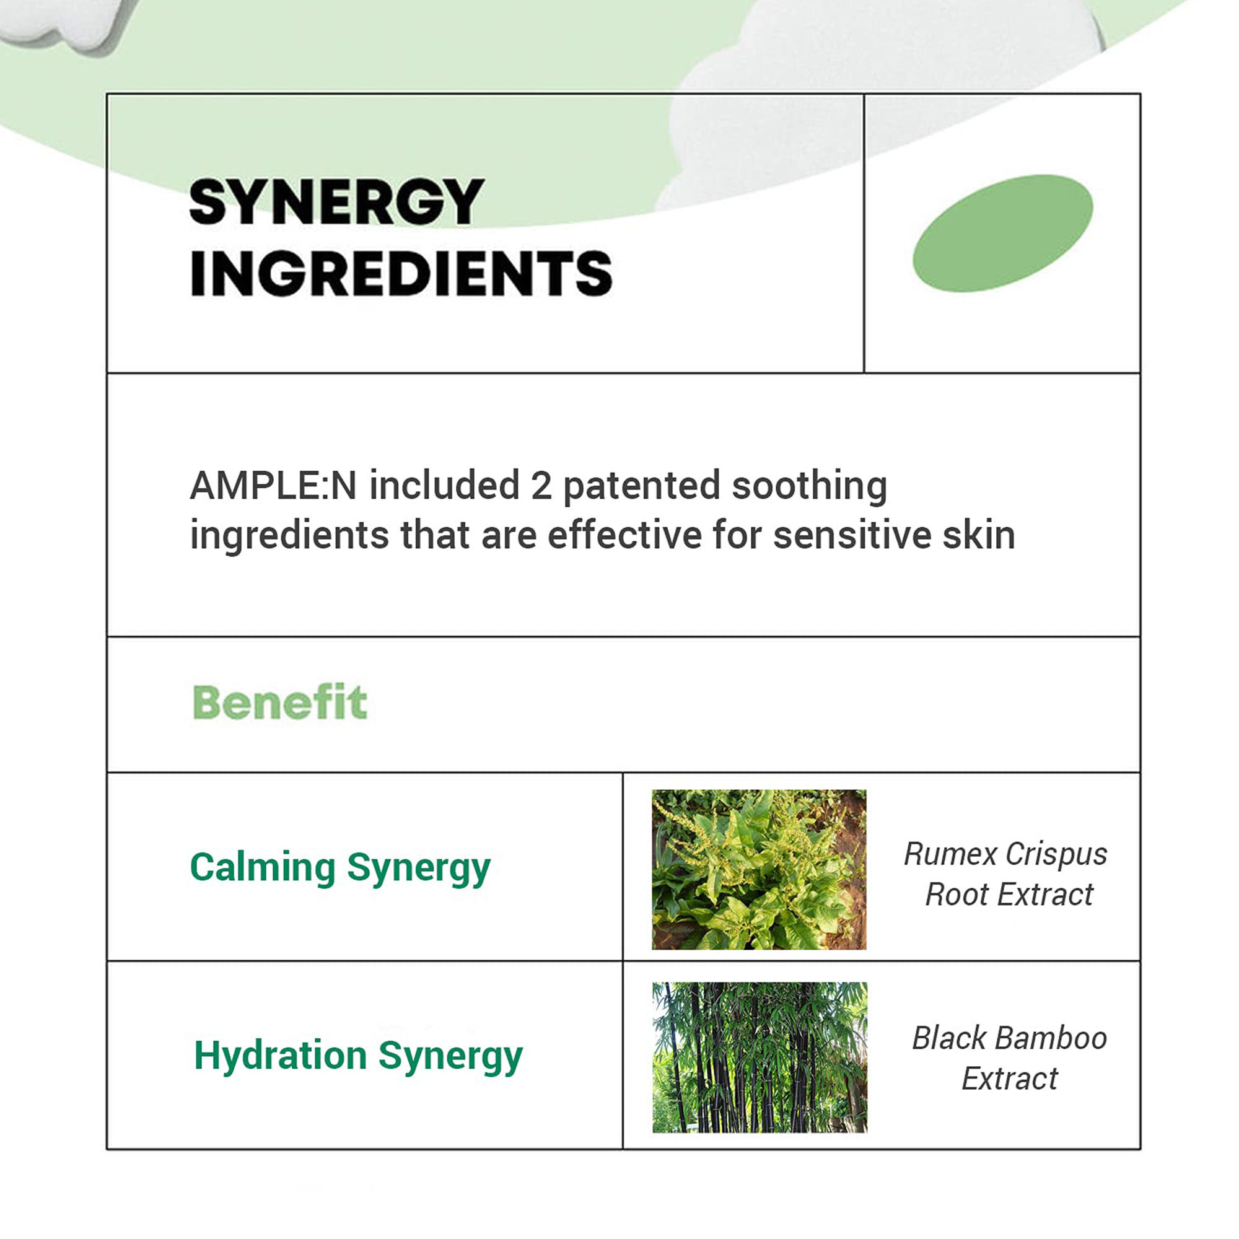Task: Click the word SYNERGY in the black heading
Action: point(336,202)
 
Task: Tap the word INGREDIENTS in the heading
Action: point(401,273)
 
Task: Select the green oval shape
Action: point(1002,234)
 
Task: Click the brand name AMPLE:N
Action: point(273,486)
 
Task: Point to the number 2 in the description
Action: point(541,486)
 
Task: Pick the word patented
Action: point(641,488)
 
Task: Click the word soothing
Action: point(809,488)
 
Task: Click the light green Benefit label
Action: point(279,703)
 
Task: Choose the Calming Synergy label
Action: point(341,869)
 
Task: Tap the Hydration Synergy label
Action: point(359,1056)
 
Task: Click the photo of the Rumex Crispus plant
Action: point(759,870)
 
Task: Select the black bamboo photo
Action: point(760,1057)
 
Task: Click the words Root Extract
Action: point(1009,895)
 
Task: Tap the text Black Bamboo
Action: point(1010,1038)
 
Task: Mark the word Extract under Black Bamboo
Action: point(1010,1079)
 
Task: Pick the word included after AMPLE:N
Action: point(444,486)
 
